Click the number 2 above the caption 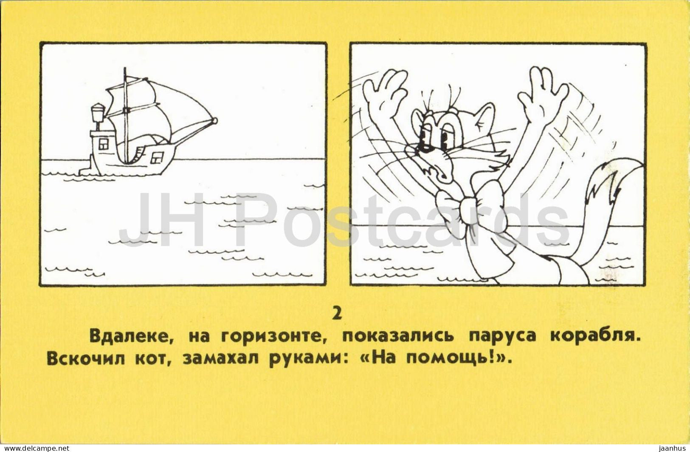click(x=338, y=314)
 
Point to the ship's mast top click(x=125, y=68)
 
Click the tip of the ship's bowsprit click(x=215, y=120)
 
